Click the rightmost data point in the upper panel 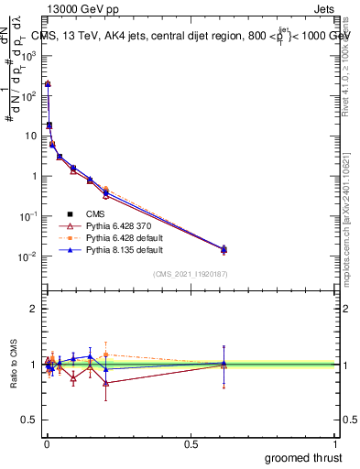pos(224,249)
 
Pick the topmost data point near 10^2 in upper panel pos(48,84)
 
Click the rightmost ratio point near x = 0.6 pos(224,364)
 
